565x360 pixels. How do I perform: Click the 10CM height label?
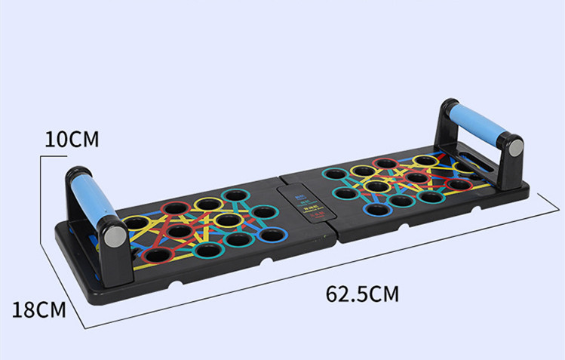[x=72, y=140]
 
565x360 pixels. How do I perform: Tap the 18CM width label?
[x=38, y=309]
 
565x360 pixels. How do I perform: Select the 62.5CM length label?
[x=362, y=292]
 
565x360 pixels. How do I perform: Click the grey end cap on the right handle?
[x=513, y=148]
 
